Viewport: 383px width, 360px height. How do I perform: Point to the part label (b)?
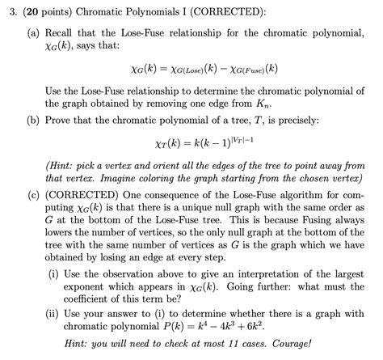click(x=34, y=120)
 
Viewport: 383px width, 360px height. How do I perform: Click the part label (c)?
click(x=34, y=195)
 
